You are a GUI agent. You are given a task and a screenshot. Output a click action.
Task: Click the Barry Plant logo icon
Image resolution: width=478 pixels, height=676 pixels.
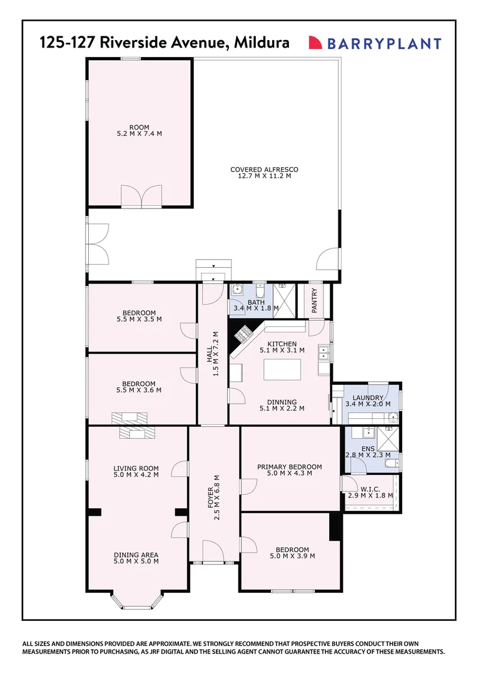pos(315,43)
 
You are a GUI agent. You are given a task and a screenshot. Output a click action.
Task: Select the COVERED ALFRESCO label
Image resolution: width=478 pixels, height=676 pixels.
pos(264,169)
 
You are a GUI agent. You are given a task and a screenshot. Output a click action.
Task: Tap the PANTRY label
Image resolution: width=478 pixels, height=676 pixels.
pos(314,300)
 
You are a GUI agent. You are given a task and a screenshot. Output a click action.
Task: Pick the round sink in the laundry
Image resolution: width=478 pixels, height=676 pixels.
pos(393,417)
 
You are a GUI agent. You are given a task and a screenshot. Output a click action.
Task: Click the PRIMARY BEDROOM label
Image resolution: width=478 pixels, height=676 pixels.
pos(289,466)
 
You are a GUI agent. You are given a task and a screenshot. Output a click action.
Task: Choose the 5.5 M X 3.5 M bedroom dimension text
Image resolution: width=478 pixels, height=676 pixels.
pos(139,319)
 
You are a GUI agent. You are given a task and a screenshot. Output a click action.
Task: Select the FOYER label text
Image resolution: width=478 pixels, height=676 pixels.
pos(210,510)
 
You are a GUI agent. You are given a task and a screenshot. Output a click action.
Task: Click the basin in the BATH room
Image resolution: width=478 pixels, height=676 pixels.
pos(237,290)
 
